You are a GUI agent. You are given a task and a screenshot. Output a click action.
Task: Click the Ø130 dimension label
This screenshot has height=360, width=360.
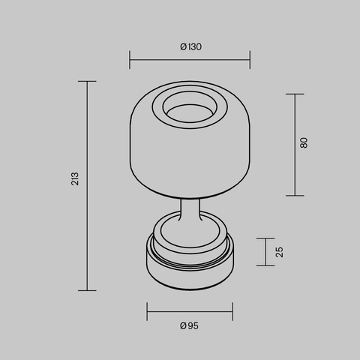[190, 46]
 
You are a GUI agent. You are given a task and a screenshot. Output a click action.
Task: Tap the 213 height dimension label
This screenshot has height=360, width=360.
[75, 180]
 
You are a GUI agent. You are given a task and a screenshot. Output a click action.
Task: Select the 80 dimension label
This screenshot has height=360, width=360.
[304, 142]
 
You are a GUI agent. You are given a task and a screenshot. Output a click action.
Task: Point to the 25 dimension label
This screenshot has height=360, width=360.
[279, 251]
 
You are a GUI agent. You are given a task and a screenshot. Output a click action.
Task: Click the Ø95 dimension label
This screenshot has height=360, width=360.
[190, 325]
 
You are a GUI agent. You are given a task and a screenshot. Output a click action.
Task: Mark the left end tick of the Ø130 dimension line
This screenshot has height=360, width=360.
[130, 57]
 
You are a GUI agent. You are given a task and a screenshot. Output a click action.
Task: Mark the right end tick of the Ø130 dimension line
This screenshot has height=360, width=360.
[250, 57]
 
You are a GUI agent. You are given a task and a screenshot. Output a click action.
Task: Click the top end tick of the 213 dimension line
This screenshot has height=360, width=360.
[87, 81]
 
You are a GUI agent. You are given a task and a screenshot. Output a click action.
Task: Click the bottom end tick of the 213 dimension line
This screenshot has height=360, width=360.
[87, 290]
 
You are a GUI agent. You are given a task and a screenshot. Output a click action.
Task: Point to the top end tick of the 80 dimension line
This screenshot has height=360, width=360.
[294, 94]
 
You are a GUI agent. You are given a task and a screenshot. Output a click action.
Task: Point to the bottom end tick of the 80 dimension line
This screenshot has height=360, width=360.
[294, 196]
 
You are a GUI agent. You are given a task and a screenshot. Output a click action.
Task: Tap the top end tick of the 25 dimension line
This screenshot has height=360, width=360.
[265, 238]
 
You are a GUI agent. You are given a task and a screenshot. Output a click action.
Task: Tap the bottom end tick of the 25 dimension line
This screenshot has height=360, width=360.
[265, 265]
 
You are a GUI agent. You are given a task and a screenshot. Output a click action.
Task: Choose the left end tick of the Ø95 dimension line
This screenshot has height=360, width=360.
[147, 308]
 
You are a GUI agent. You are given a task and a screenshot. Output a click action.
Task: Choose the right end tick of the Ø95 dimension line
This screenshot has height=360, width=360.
[232, 308]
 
